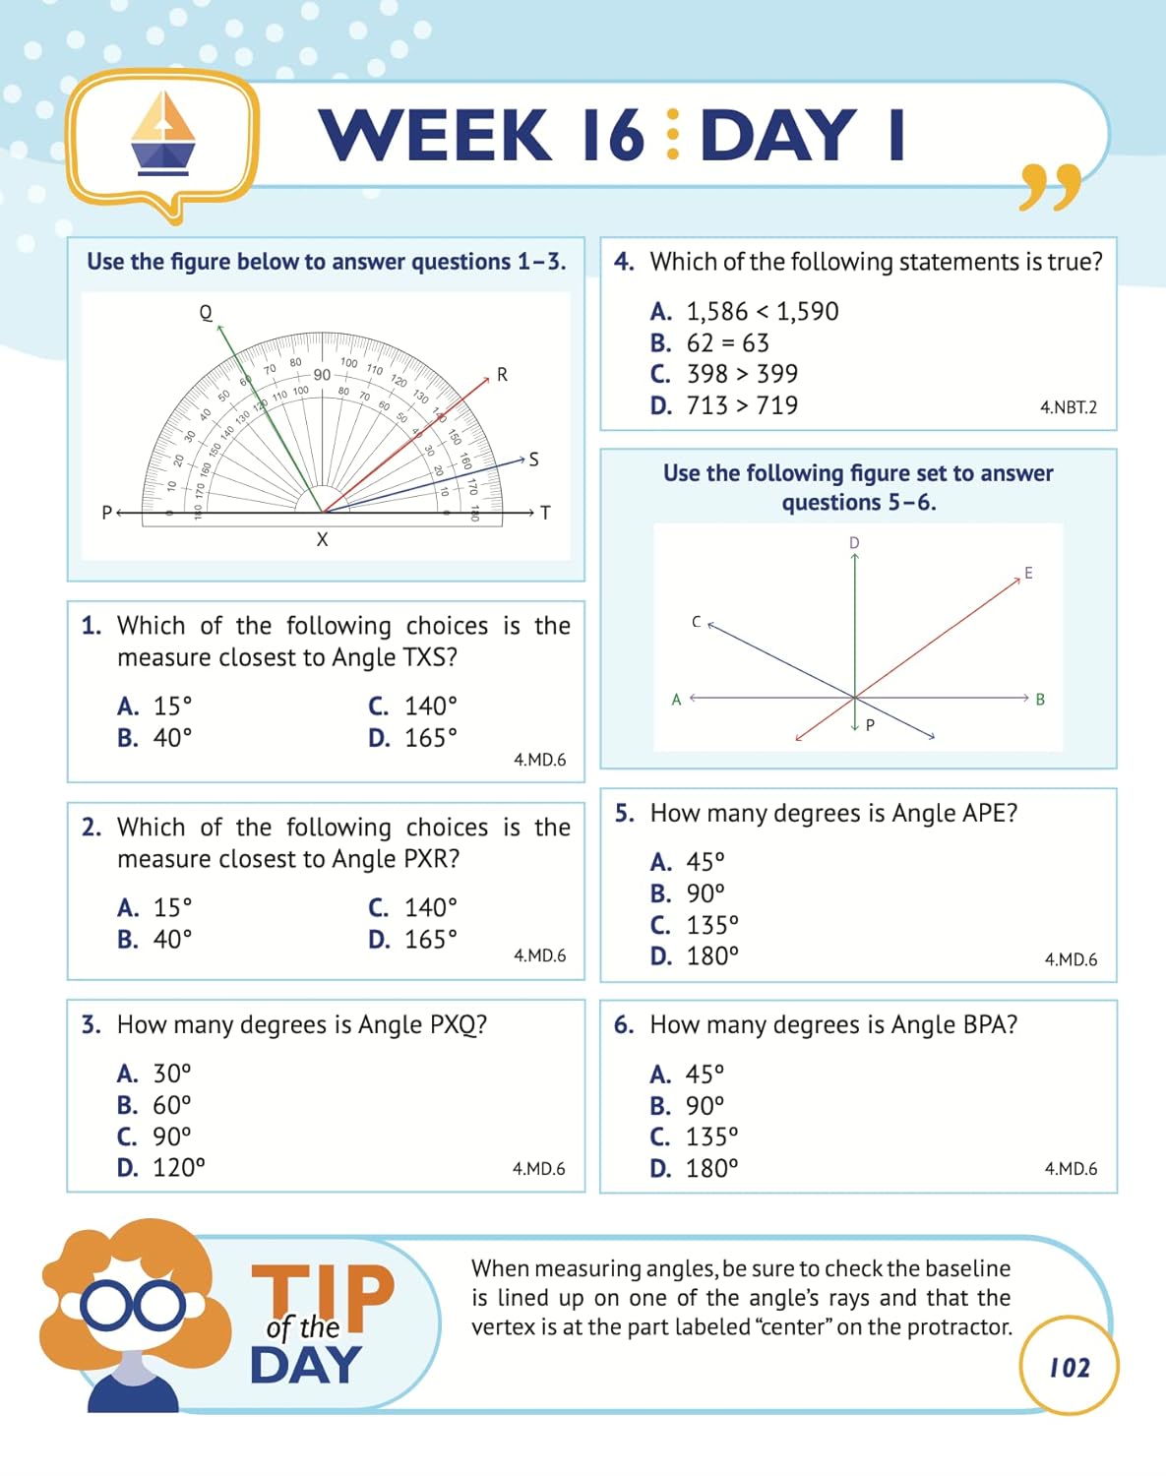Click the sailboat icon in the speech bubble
click(163, 135)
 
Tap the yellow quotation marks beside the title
click(1051, 187)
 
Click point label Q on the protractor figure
click(206, 313)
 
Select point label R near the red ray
click(502, 375)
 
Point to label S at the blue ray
click(533, 460)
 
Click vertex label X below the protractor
click(322, 539)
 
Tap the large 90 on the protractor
click(322, 375)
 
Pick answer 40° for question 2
click(172, 940)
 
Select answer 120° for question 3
click(178, 1168)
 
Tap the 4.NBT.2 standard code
click(1068, 407)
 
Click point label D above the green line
click(854, 543)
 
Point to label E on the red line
click(1028, 573)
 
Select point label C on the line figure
click(696, 622)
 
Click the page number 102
click(1069, 1368)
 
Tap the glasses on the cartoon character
click(133, 1307)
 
